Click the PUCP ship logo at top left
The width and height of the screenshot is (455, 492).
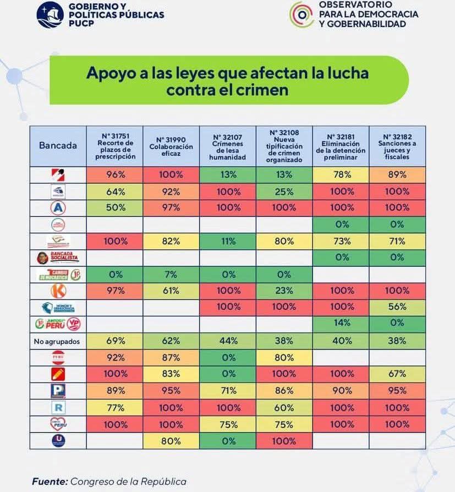(50, 15)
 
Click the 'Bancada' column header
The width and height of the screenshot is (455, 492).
(58, 146)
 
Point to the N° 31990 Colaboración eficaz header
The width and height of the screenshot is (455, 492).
(171, 146)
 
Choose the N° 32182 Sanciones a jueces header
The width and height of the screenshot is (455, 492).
(397, 146)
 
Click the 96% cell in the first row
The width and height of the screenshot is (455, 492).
(114, 175)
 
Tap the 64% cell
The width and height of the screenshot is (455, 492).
(114, 192)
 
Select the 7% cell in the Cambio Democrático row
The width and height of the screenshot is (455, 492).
(171, 274)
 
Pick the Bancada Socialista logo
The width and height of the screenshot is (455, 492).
(58, 258)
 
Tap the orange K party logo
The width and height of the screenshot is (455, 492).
(58, 291)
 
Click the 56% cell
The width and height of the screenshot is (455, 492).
(397, 308)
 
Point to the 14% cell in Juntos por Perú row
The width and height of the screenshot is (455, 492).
(341, 324)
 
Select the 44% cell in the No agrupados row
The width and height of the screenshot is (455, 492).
(227, 341)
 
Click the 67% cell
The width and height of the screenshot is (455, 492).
(397, 374)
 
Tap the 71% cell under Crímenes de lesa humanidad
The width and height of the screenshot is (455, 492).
(227, 391)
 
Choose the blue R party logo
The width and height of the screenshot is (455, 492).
(58, 407)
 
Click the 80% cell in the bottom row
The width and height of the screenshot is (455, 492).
(171, 441)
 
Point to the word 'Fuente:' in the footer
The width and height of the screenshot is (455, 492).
(49, 481)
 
